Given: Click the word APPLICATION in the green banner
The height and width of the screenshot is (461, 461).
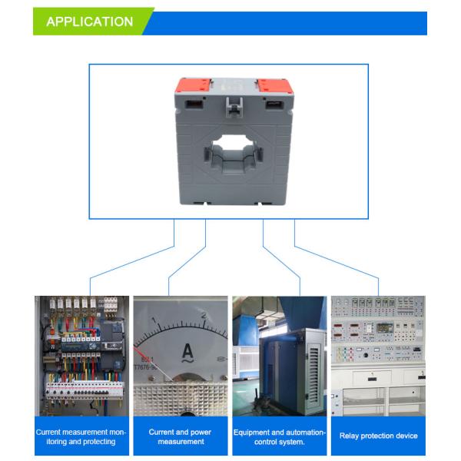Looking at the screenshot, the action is click(90, 22).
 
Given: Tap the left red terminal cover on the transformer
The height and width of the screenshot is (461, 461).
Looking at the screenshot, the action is click(194, 85).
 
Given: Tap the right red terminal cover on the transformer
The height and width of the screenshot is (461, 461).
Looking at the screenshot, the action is click(275, 85).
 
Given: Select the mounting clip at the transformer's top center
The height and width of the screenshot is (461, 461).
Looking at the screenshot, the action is click(234, 108).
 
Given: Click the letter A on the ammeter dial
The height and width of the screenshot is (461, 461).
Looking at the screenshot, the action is click(187, 350).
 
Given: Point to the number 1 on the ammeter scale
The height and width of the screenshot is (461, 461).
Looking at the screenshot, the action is click(154, 320).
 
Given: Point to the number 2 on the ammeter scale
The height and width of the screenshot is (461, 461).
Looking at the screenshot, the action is click(204, 315).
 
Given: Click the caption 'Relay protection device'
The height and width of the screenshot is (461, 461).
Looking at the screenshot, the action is click(378, 436).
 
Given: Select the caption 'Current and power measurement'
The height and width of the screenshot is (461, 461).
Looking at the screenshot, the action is click(181, 436).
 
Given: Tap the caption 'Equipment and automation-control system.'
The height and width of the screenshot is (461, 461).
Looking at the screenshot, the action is click(280, 437).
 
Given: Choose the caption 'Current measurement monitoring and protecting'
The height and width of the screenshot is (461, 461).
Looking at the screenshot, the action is click(81, 436).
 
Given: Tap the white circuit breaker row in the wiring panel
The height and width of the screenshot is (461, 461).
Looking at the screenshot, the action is click(84, 390).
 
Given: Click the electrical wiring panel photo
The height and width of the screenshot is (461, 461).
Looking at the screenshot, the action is click(81, 356).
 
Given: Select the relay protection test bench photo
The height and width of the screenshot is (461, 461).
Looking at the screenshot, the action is click(378, 356).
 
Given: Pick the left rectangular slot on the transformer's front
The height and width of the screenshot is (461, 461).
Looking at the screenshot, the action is click(194, 104).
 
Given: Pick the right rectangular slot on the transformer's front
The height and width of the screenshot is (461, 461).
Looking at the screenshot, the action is click(274, 104).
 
